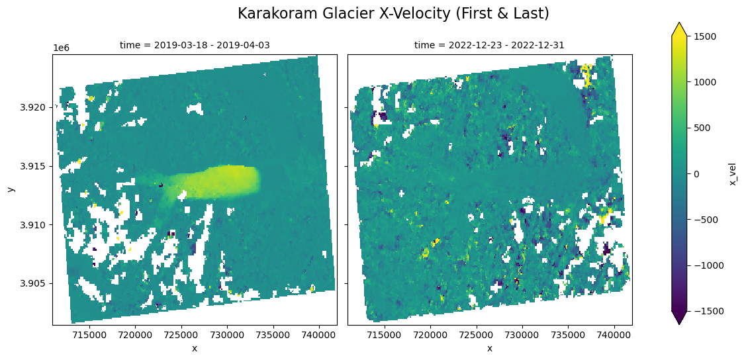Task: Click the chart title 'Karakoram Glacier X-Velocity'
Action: [393, 13]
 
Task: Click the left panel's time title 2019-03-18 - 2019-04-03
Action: [195, 45]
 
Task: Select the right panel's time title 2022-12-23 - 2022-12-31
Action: [489, 45]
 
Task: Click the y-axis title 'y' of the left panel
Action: [11, 189]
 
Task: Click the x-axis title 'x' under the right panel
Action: [490, 349]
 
